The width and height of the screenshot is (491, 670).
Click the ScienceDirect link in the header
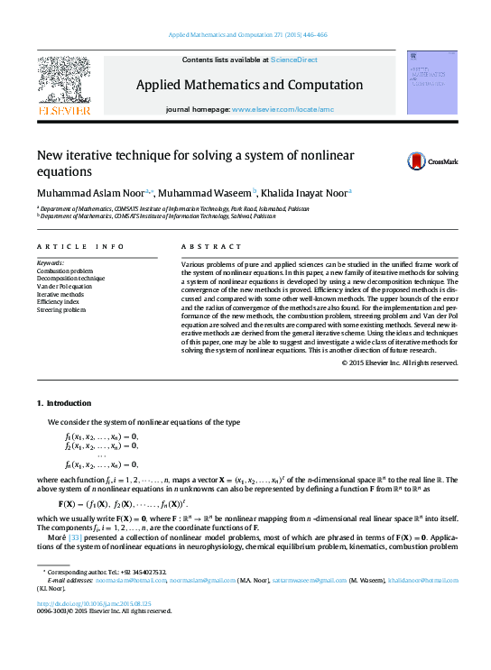[294, 60]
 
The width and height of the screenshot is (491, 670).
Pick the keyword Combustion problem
[66, 271]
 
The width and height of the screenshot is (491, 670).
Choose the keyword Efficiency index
[60, 302]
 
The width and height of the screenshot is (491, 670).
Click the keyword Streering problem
[62, 310]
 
